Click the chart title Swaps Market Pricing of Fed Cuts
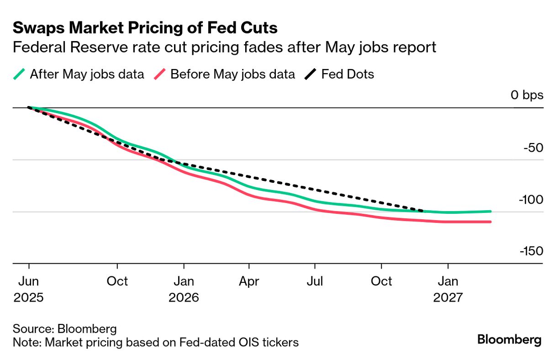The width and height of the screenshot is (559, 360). coord(145,28)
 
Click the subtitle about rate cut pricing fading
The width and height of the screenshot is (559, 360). coord(224,47)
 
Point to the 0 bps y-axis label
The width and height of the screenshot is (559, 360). coord(527,95)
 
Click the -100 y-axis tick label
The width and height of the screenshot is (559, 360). coord(530,200)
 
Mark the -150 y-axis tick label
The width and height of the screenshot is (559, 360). coord(530,252)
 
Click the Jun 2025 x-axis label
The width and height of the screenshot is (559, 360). coord(28,289)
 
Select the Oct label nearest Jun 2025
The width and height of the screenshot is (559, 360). coord(117,281)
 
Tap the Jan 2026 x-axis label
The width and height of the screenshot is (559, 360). coord(184,289)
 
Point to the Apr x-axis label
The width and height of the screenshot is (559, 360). coord(249,281)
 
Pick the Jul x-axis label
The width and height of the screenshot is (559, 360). coord(315,281)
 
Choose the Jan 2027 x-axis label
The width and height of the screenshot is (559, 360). coord(448,289)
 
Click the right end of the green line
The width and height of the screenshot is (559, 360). coord(490,212)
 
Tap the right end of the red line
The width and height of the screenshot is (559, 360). coord(490,222)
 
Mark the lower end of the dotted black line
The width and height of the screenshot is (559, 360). coord(422,211)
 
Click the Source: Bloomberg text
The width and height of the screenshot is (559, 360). coord(64,328)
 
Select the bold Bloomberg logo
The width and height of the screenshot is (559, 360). coord(509,340)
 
